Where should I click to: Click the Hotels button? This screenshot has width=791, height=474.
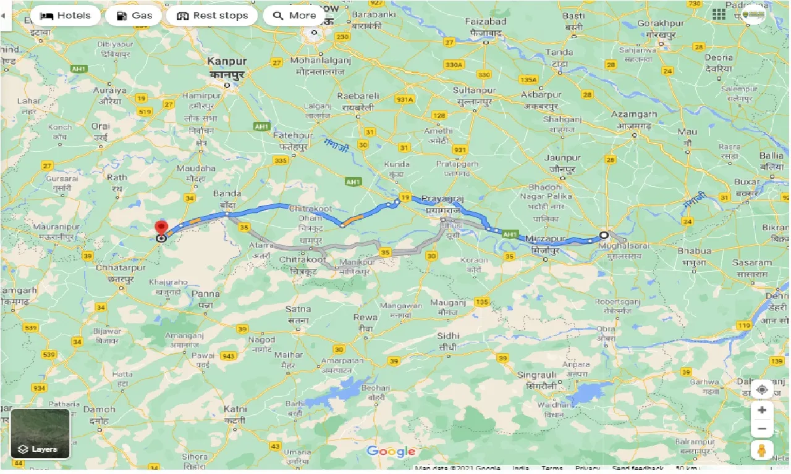[66, 15]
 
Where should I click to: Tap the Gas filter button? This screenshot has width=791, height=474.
[133, 15]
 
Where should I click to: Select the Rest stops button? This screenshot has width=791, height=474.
[212, 15]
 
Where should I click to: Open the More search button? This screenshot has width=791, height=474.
[294, 15]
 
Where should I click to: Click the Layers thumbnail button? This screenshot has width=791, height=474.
[40, 433]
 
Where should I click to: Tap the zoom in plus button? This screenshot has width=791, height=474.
[762, 410]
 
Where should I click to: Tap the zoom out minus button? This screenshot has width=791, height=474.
[762, 429]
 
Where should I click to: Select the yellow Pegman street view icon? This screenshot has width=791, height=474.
[762, 451]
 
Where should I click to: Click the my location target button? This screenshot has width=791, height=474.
[762, 390]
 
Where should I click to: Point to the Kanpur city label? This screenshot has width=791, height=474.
[227, 62]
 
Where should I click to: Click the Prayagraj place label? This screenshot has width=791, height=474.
[442, 199]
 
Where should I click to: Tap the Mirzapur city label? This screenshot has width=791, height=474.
[546, 238]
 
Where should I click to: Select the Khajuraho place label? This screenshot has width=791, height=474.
[169, 282]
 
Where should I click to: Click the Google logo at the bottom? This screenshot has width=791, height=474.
[391, 451]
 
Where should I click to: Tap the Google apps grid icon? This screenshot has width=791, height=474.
[719, 15]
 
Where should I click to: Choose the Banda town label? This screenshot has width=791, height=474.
[227, 194]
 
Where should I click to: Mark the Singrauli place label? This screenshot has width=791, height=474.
[537, 375]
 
